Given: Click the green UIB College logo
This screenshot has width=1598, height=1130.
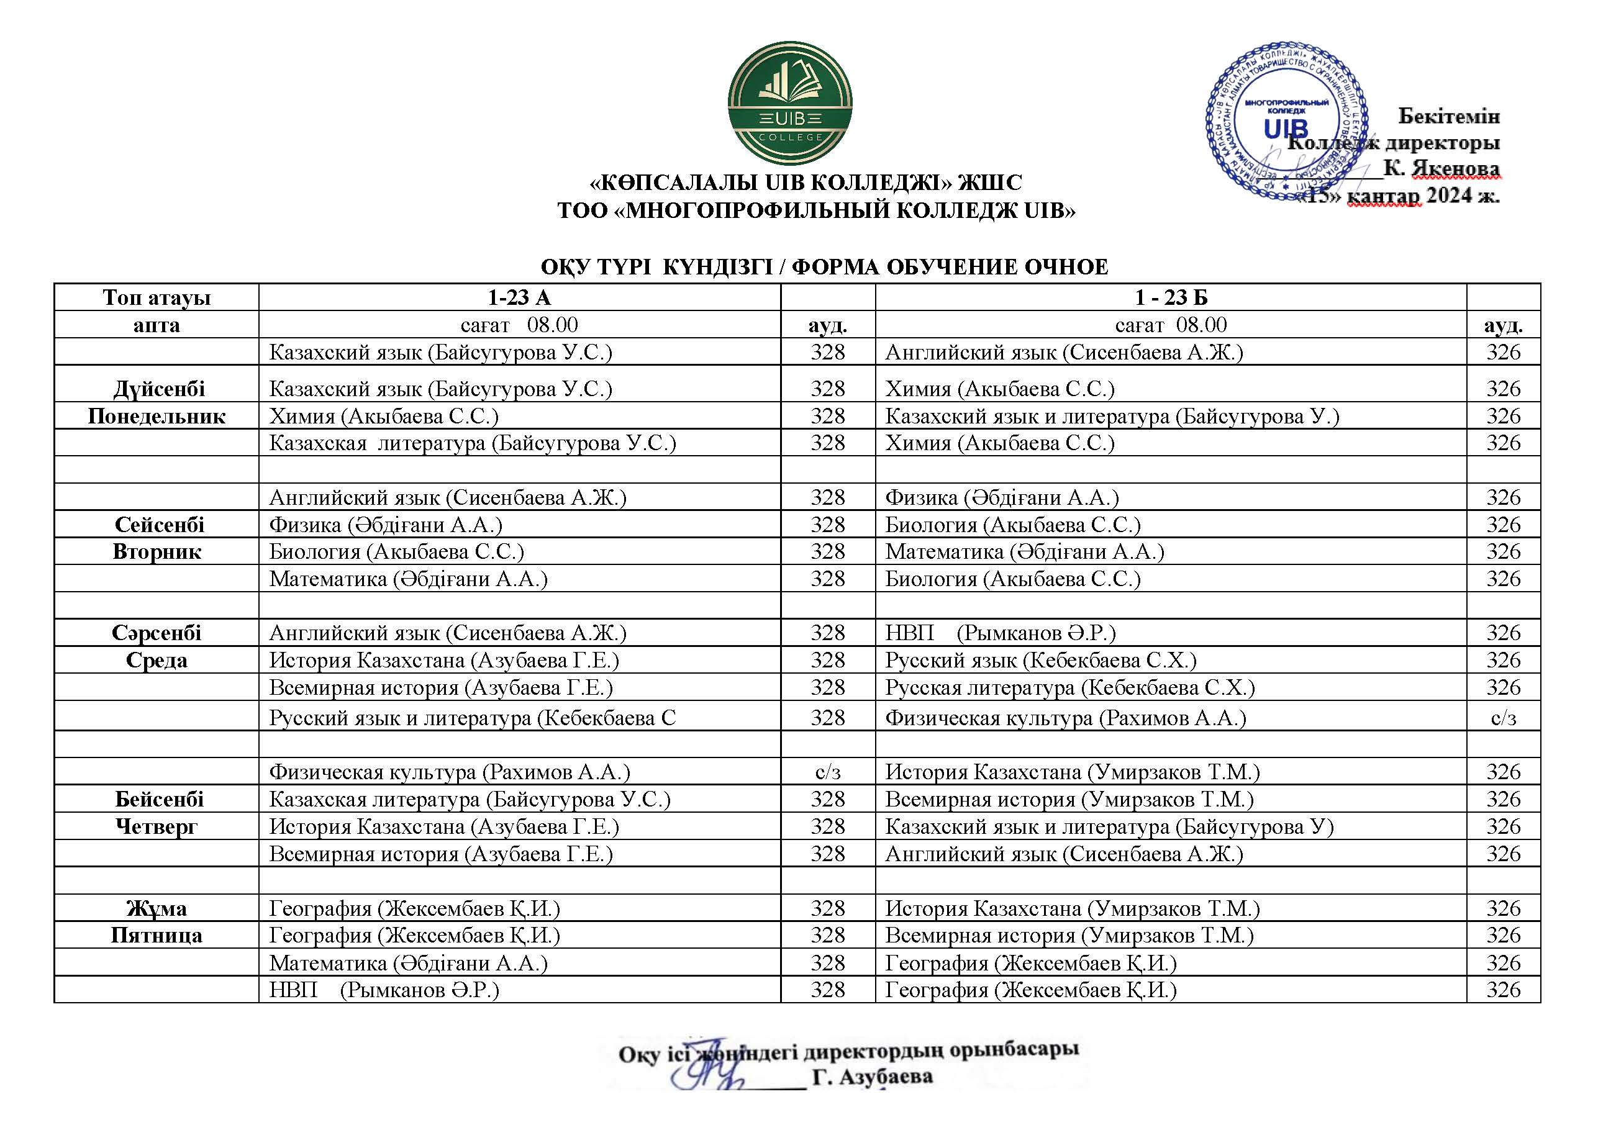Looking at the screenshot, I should [790, 103].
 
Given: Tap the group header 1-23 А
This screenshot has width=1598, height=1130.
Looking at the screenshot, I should [519, 298].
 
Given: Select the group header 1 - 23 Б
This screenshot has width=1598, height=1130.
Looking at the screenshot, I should [1171, 298].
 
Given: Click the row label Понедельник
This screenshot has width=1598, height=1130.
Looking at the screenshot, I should [157, 416].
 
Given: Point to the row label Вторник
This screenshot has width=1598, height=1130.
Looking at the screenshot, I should [157, 552].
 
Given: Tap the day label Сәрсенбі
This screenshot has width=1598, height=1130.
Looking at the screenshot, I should [157, 633].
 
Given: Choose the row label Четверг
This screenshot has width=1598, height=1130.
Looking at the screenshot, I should [157, 826].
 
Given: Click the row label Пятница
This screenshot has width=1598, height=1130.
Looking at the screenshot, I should [157, 935].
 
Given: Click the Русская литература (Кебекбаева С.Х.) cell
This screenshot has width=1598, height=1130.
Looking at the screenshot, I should [1069, 687].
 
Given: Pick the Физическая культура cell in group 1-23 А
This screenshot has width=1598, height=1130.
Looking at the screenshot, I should [450, 772].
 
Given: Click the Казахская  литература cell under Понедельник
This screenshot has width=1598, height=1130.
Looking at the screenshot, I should [473, 443].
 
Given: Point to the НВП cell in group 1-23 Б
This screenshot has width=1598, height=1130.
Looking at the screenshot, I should [1000, 633].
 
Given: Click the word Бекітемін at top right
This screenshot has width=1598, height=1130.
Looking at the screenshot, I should [1449, 116].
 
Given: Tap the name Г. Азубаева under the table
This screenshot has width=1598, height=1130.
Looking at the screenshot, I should [872, 1077].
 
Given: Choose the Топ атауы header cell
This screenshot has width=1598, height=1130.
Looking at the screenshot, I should [157, 298].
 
